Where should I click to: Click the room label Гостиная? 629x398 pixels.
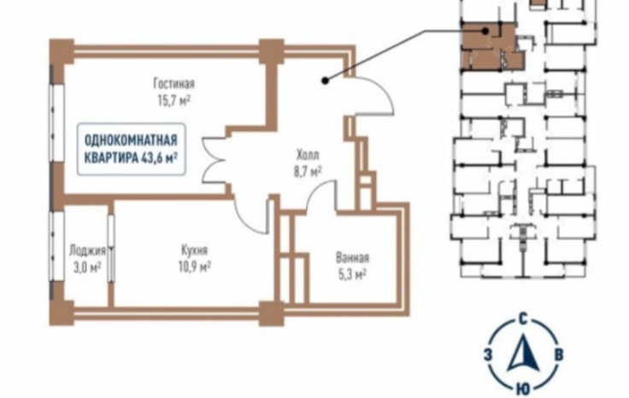174,84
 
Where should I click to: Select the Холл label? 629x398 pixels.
307,157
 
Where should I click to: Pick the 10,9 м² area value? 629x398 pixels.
194,266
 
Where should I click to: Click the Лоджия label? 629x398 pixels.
86,252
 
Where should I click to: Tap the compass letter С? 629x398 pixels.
521,319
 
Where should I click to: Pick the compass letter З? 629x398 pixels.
487,353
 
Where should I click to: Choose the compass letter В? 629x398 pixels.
557,353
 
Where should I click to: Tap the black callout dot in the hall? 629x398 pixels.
325,80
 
